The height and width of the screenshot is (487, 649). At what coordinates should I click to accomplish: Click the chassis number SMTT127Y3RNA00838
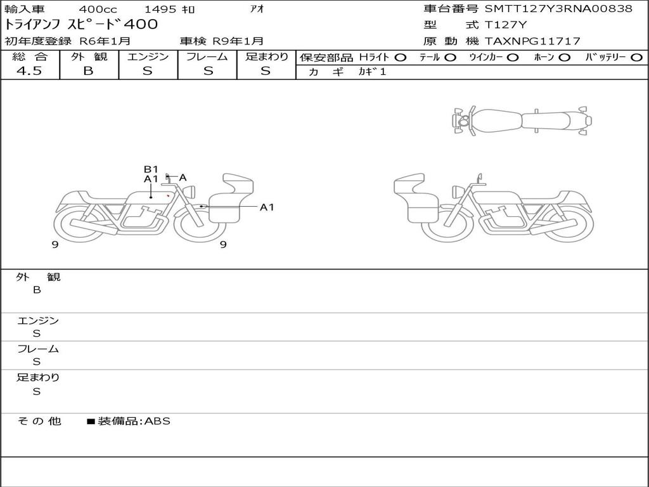[x=558, y=9]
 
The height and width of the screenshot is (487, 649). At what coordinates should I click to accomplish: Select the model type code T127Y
[x=505, y=25]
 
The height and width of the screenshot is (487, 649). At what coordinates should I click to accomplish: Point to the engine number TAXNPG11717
[x=532, y=41]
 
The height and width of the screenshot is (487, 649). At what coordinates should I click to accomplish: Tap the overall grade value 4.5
[x=29, y=71]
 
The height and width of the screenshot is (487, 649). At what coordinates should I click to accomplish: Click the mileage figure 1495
[x=160, y=9]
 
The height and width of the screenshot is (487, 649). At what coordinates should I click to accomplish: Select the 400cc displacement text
[x=98, y=9]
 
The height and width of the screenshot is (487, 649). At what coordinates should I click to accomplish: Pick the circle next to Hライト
[x=401, y=58]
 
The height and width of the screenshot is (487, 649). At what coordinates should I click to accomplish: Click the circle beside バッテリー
[x=636, y=58]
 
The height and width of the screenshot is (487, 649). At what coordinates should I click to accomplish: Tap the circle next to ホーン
[x=564, y=58]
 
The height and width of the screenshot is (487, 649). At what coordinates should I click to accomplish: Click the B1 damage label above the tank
[x=151, y=169]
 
